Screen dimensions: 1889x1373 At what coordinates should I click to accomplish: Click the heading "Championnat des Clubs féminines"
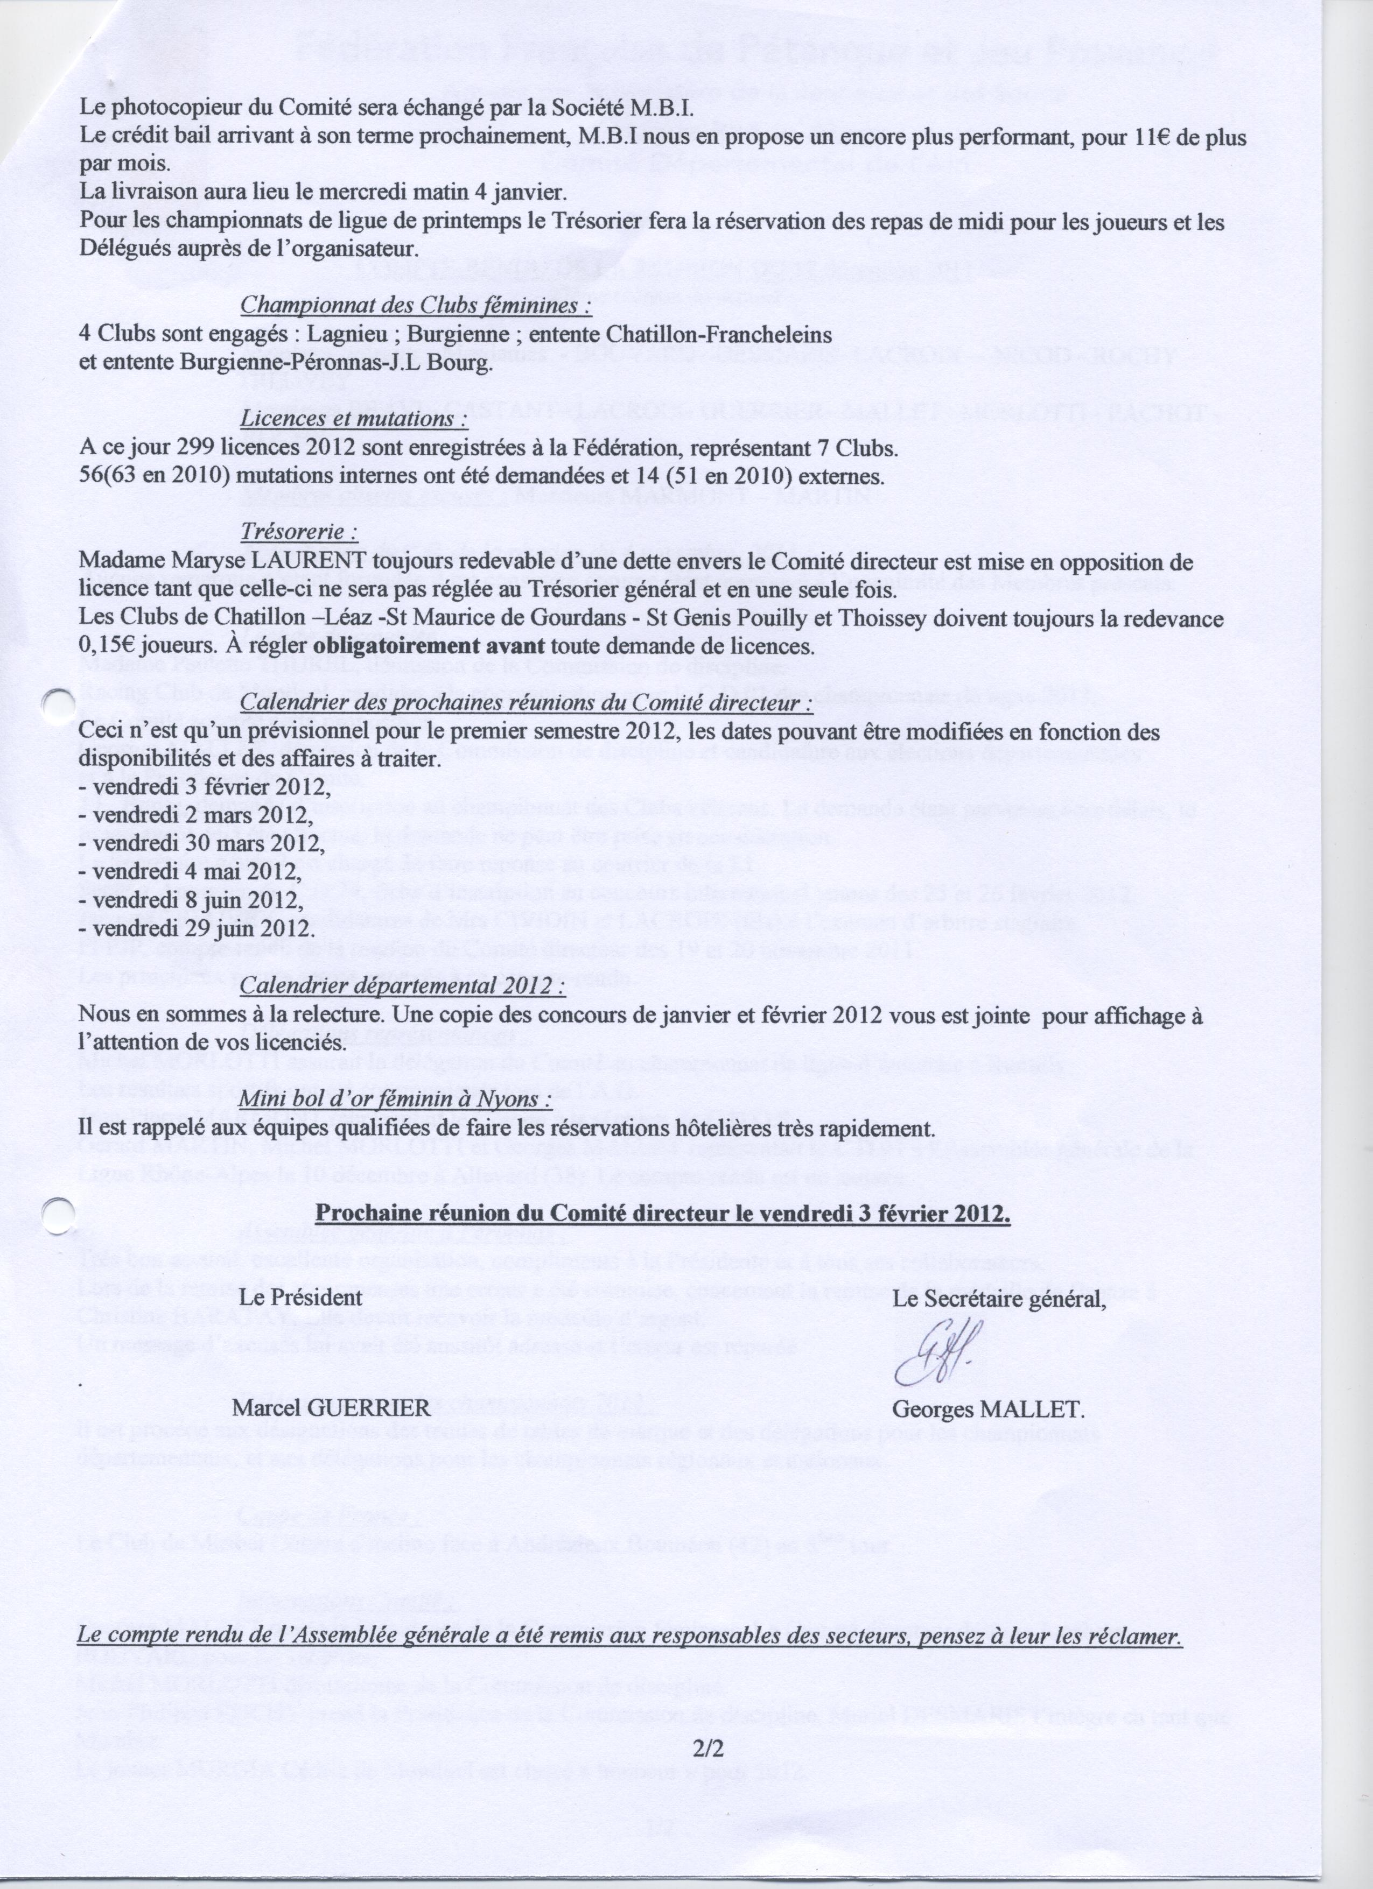[x=416, y=306]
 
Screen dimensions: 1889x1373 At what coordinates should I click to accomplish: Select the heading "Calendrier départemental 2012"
[x=402, y=986]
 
